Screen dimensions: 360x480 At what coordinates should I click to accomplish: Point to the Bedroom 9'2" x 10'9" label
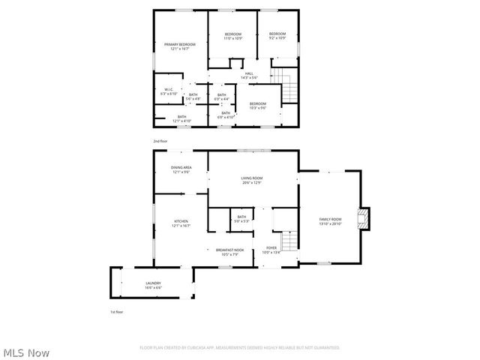click(x=277, y=35)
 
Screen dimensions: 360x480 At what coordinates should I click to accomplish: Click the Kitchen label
click(x=181, y=223)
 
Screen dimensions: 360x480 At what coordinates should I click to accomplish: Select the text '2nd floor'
click(x=160, y=141)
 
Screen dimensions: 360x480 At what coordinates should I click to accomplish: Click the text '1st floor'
click(x=116, y=311)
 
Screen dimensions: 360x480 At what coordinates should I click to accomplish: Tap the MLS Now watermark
click(x=27, y=352)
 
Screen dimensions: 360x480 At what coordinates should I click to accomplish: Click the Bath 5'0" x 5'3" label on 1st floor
click(x=241, y=218)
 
